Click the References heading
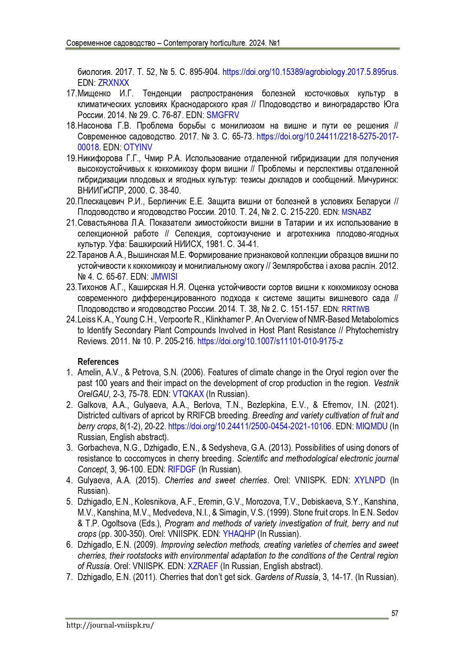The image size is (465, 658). [98, 362]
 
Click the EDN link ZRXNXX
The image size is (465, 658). [113, 83]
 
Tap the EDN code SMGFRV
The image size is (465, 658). [223, 115]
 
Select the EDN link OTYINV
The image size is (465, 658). [138, 147]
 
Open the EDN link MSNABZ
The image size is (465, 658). [356, 212]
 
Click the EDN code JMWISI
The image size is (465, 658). [164, 277]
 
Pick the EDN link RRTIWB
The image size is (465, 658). [355, 309]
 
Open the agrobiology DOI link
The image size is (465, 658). [309, 72]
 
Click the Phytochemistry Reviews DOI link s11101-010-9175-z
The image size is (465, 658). [270, 341]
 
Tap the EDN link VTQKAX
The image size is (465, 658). [188, 394]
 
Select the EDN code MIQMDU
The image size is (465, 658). [371, 426]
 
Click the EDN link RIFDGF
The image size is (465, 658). [182, 469]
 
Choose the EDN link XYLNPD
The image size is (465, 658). [369, 480]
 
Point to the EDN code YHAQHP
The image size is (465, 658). [239, 534]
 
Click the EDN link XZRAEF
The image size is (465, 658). [202, 566]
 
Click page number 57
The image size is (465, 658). [395, 613]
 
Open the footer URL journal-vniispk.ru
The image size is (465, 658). [110, 625]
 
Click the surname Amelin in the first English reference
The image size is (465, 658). [89, 373]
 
